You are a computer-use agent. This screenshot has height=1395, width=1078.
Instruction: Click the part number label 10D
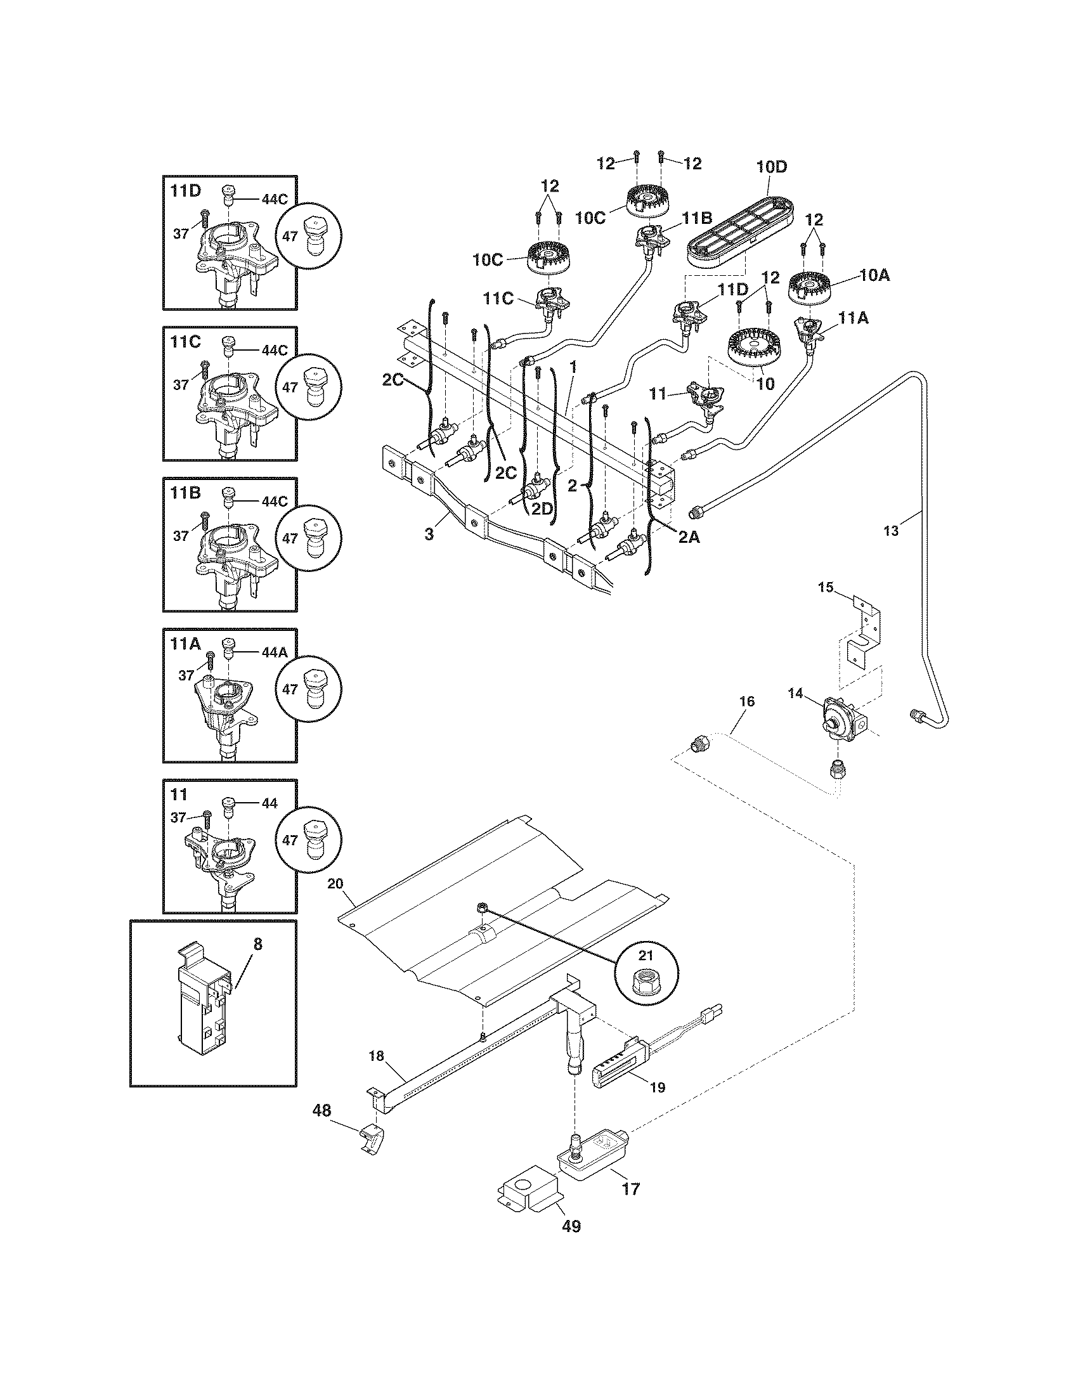click(772, 167)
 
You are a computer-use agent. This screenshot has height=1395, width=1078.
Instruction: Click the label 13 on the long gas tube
click(891, 530)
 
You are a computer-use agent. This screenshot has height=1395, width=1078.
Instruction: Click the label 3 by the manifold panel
click(429, 533)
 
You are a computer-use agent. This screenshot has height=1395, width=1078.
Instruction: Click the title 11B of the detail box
click(186, 493)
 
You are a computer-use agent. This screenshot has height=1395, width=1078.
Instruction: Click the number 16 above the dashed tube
click(746, 701)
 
